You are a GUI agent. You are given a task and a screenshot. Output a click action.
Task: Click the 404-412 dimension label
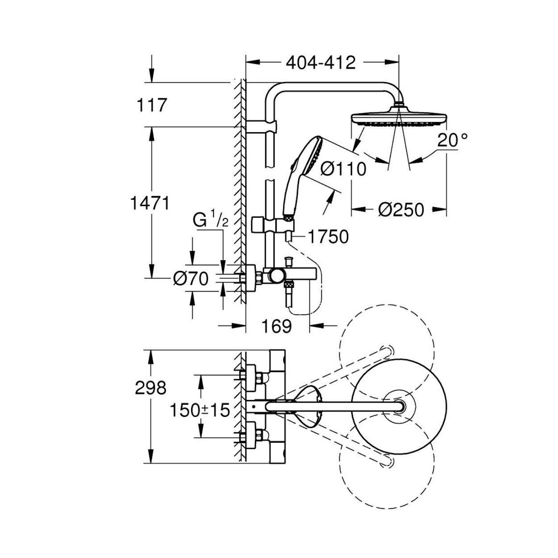click(321, 63)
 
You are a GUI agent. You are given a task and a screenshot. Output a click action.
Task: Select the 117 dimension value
click(152, 105)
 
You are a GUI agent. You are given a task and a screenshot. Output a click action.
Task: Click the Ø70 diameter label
click(191, 279)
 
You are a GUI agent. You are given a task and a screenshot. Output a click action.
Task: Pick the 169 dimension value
click(276, 326)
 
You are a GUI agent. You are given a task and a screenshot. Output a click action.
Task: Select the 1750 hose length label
click(328, 237)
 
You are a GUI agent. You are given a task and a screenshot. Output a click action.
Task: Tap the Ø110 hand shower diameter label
click(343, 169)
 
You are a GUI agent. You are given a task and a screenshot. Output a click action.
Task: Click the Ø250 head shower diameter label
click(401, 209)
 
